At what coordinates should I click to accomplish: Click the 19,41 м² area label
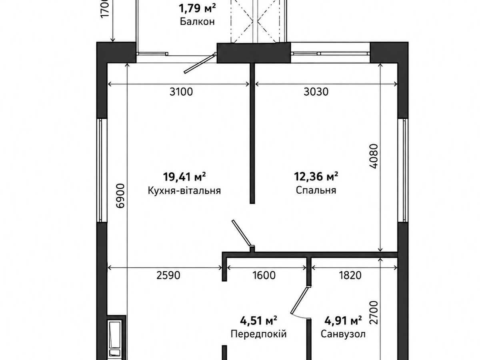pyautogui.click(x=184, y=177)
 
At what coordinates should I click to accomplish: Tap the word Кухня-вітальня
pyautogui.click(x=184, y=191)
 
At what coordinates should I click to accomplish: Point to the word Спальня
pyautogui.click(x=316, y=190)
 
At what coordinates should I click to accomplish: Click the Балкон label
pyautogui.click(x=197, y=22)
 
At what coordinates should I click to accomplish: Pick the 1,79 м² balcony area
pyautogui.click(x=197, y=8)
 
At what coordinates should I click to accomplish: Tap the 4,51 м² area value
pyautogui.click(x=258, y=320)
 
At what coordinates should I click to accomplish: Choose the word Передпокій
pyautogui.click(x=258, y=334)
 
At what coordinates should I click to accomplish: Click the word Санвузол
pyautogui.click(x=343, y=334)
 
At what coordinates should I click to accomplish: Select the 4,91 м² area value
pyautogui.click(x=343, y=320)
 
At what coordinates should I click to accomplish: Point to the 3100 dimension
pyautogui.click(x=181, y=92)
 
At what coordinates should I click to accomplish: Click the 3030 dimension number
pyautogui.click(x=316, y=92)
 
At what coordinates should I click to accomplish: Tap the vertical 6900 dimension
pyautogui.click(x=120, y=196)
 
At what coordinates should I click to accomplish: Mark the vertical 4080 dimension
pyautogui.click(x=374, y=156)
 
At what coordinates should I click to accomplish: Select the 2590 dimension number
pyautogui.click(x=168, y=275)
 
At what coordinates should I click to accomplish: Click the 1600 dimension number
pyautogui.click(x=264, y=275)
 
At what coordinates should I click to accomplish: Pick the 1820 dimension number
pyautogui.click(x=350, y=275)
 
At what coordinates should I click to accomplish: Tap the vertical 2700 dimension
pyautogui.click(x=374, y=312)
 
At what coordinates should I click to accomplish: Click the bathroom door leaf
pyautogui.click(x=299, y=300)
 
